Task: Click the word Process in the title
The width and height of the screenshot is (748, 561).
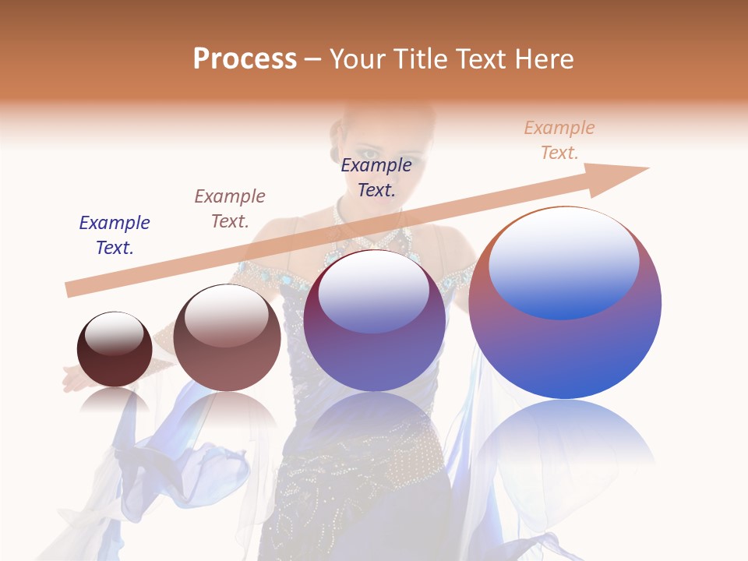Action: tap(245, 59)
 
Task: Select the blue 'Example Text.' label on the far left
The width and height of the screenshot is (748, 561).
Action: tap(115, 235)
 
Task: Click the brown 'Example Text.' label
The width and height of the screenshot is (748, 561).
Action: tap(230, 209)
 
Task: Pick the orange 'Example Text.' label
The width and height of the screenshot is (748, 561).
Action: tap(559, 140)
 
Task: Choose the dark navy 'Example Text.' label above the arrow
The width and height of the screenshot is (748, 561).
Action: tap(376, 177)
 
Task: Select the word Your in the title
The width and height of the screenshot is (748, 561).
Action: tap(356, 59)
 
